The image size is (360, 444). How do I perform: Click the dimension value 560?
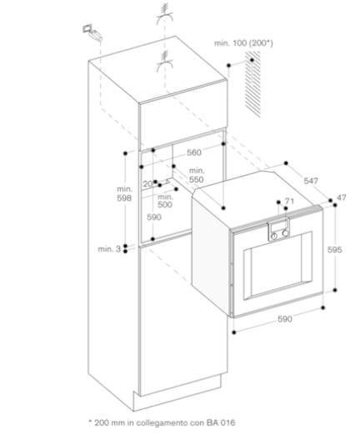194,152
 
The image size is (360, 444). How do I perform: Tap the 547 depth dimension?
311,181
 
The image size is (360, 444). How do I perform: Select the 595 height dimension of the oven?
334,249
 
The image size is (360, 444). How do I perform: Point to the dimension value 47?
342,197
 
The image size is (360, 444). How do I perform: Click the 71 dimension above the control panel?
289,201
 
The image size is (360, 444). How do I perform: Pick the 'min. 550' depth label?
197,175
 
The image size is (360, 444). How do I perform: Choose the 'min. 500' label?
165,201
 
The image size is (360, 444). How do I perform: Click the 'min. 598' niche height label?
124,193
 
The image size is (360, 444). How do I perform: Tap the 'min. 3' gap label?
109,249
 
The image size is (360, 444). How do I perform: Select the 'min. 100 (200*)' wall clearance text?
243,43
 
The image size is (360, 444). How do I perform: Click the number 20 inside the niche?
147,184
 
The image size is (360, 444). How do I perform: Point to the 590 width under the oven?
285,319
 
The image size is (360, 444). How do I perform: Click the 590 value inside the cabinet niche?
154,217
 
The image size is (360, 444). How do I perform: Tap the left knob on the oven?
274,237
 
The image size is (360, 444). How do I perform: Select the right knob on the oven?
286,233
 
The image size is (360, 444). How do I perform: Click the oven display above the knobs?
278,226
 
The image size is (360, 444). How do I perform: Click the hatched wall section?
252,84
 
